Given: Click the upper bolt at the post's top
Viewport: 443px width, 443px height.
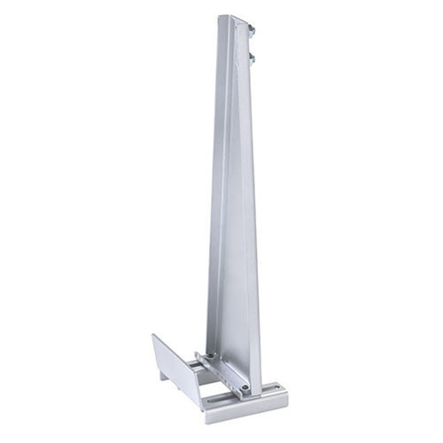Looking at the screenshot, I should click(253, 33).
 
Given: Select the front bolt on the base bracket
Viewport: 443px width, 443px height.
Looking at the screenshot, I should click(243, 387).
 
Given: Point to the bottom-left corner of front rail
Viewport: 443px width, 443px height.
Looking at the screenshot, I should click(206, 422).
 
